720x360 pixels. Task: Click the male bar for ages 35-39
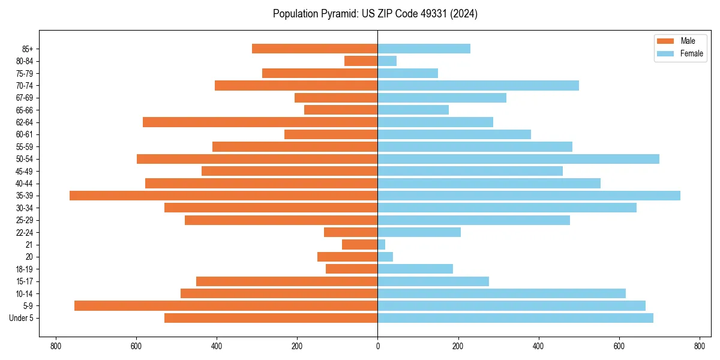223,196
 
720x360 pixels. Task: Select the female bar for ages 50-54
518,159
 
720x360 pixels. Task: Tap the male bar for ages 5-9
226,306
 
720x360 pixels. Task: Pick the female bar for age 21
382,245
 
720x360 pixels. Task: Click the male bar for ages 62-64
260,122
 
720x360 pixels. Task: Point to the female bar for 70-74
478,86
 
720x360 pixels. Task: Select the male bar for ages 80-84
361,61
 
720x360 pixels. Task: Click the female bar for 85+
424,49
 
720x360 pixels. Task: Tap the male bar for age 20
347,257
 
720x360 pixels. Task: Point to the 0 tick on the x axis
377,346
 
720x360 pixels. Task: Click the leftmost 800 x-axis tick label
56,346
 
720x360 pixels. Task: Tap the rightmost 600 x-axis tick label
619,346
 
